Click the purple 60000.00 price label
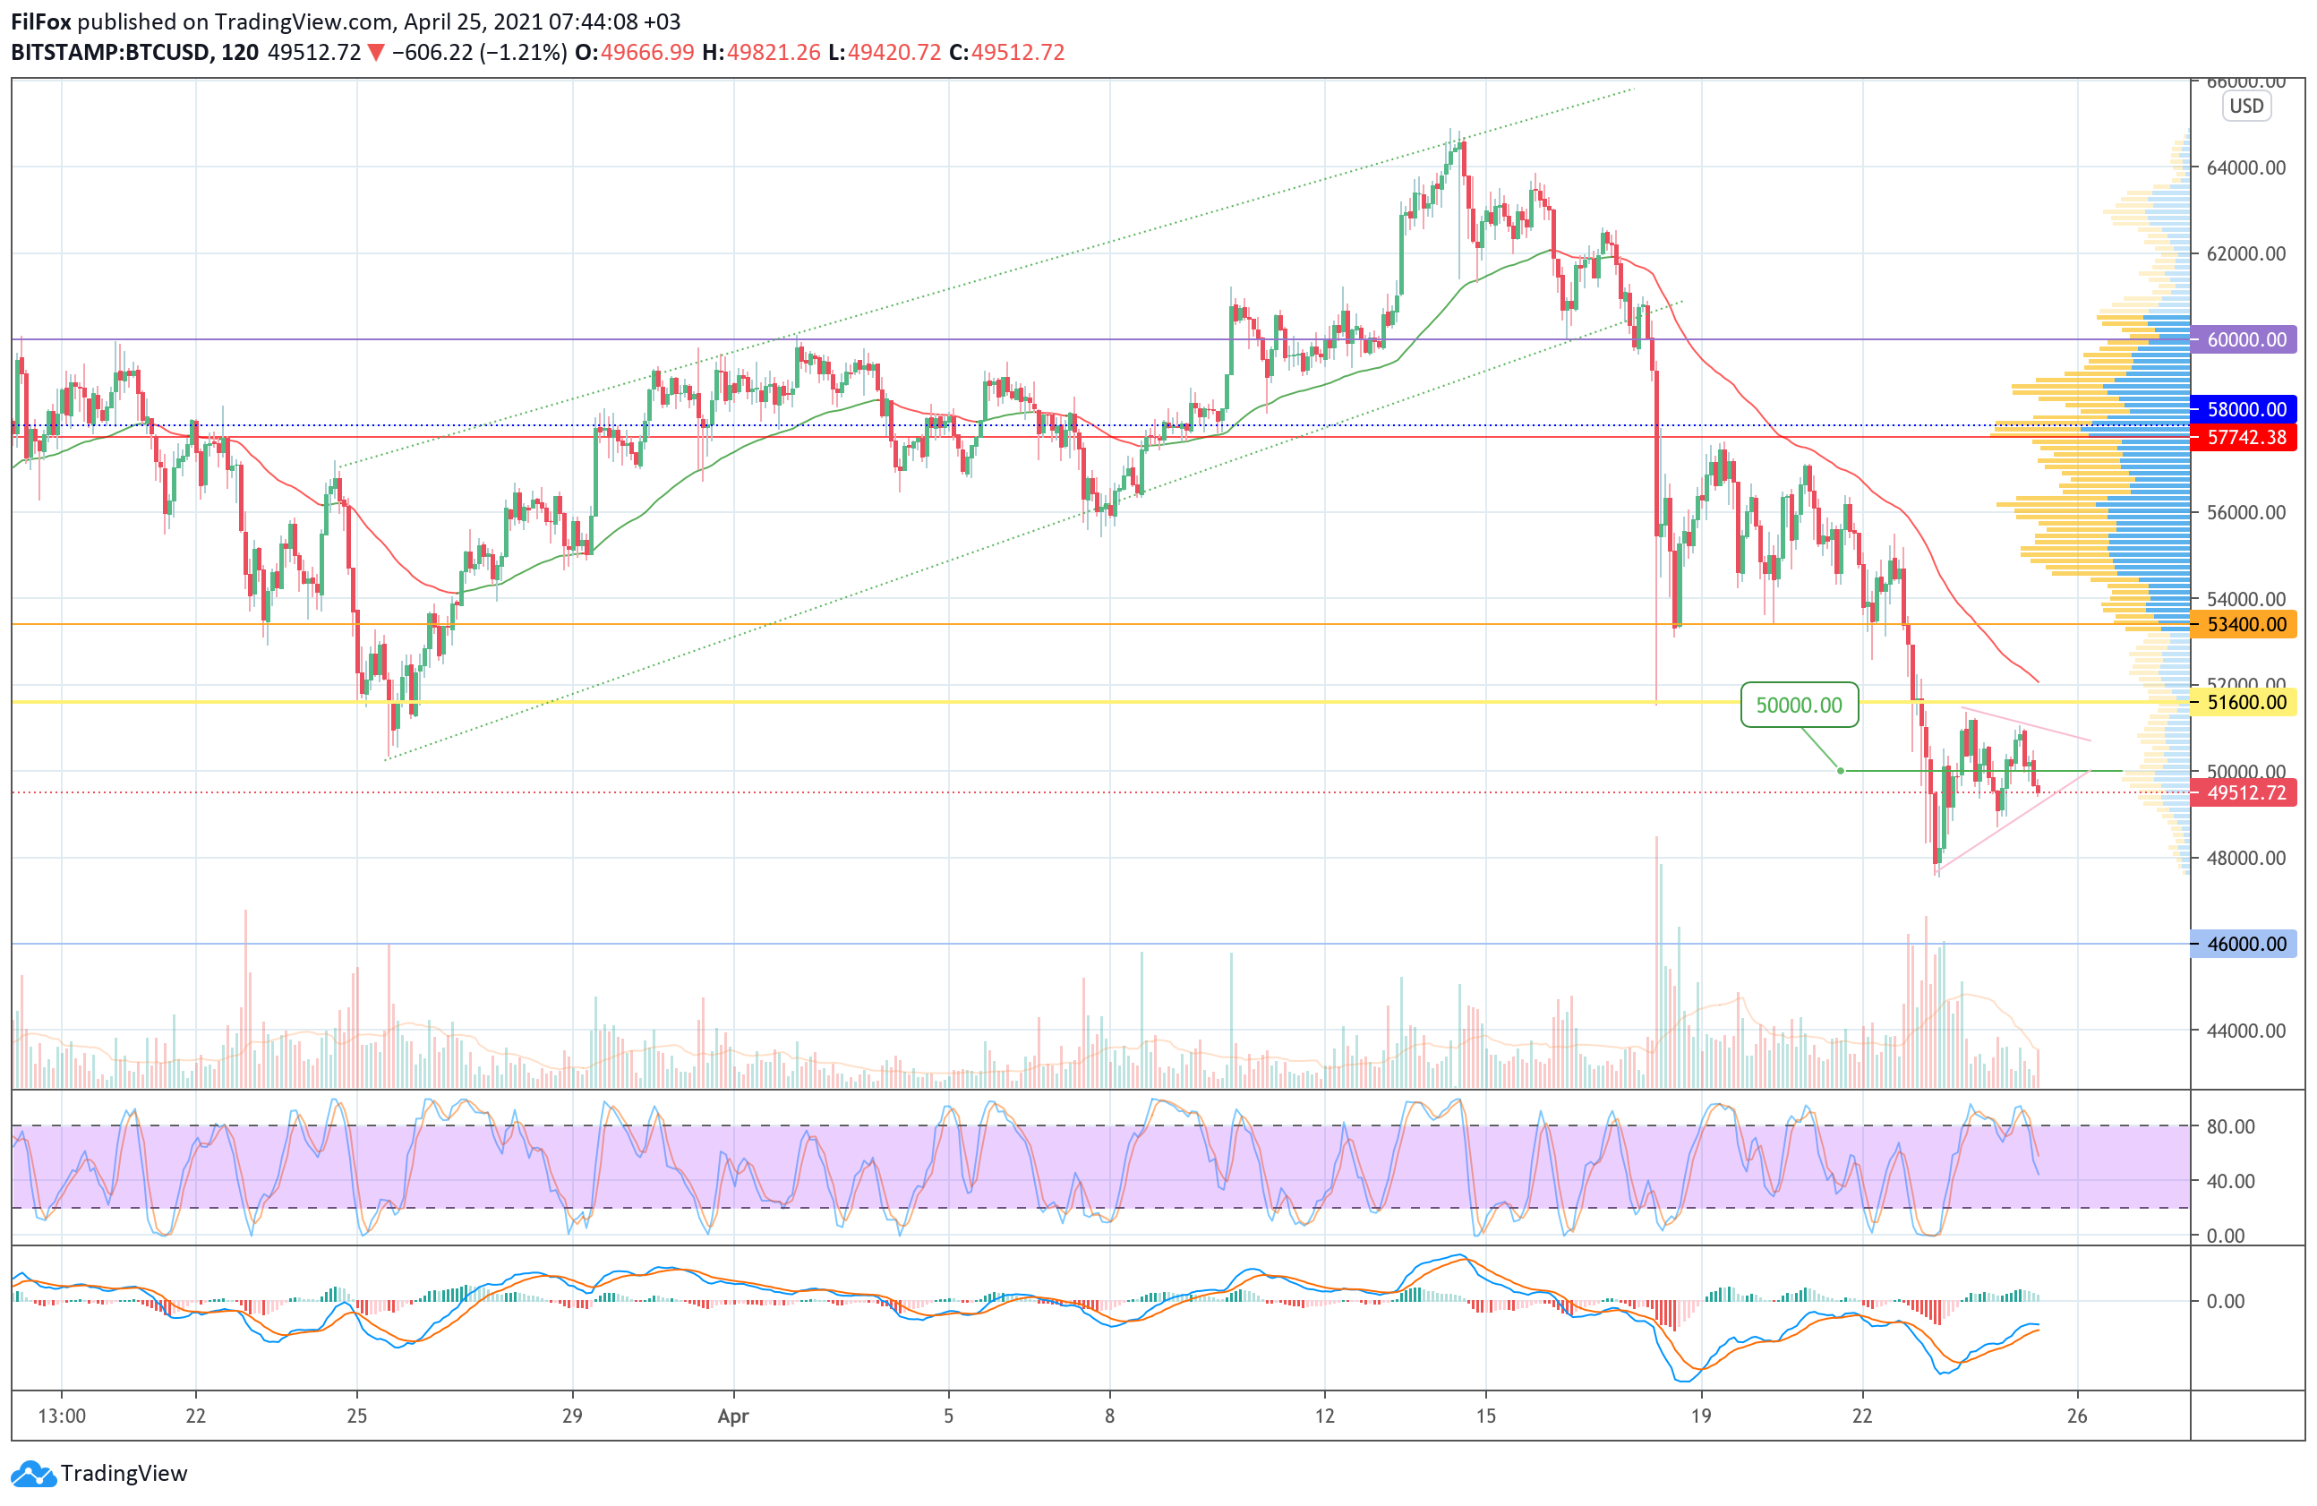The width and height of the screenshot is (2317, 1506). (x=2245, y=339)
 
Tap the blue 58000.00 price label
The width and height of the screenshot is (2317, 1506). (x=2245, y=410)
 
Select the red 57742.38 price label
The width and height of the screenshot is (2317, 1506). (x=2245, y=437)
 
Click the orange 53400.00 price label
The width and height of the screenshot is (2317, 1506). (x=2245, y=624)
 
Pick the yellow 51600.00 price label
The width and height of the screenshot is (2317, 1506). (x=2245, y=702)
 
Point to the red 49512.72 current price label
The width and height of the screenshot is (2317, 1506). (x=2245, y=792)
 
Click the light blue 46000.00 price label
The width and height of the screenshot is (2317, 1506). (x=2245, y=944)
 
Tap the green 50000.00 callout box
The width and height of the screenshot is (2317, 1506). (x=1798, y=705)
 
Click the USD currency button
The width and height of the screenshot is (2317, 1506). (x=2246, y=107)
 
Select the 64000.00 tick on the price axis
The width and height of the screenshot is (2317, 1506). (x=2246, y=167)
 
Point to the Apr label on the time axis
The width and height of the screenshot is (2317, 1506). (x=733, y=1416)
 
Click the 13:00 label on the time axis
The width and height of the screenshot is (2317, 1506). (x=62, y=1416)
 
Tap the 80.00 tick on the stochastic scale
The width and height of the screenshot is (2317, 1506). (x=2230, y=1126)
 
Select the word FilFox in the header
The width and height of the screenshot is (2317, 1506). (x=41, y=21)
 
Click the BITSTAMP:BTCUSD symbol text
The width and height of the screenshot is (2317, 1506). (x=110, y=53)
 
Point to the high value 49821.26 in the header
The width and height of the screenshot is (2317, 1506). (x=773, y=53)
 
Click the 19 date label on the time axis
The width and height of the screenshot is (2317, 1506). (x=1700, y=1416)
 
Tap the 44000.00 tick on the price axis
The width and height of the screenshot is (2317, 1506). (x=2246, y=1030)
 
